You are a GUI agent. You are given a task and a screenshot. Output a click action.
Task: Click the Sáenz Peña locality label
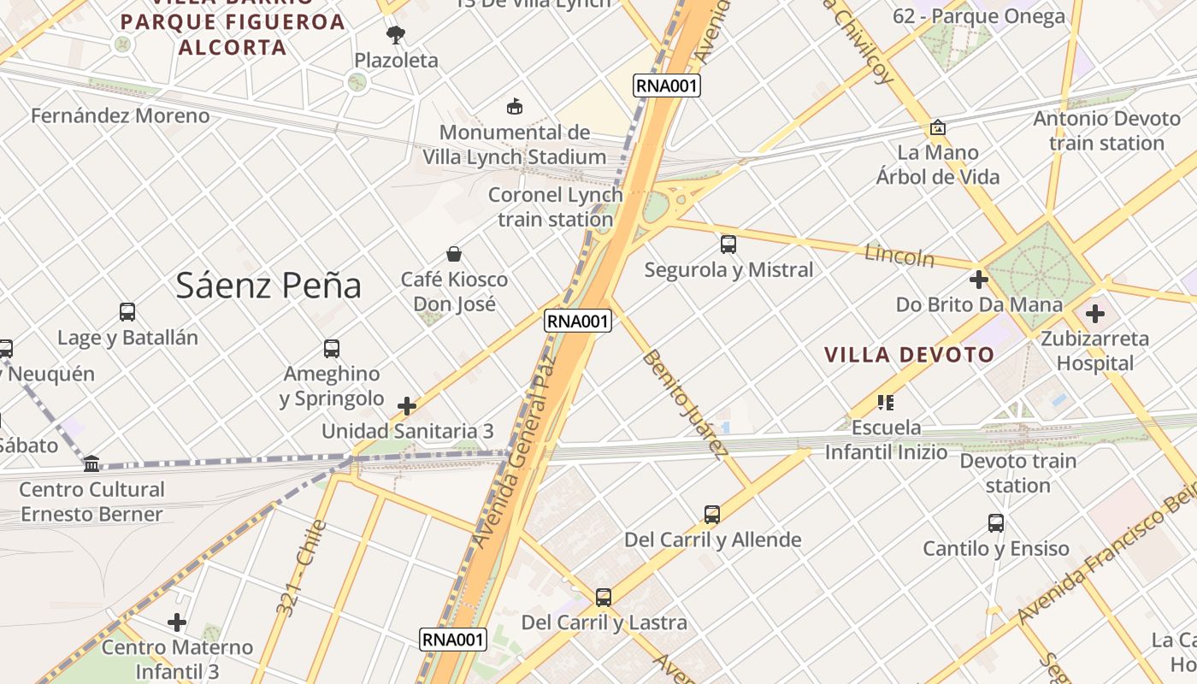click(268, 286)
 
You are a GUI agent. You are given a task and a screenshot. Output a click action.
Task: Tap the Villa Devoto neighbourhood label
click(910, 355)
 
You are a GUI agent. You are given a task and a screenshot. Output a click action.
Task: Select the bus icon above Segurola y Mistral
click(728, 245)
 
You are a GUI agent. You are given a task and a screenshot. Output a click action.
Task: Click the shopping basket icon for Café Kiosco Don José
click(454, 254)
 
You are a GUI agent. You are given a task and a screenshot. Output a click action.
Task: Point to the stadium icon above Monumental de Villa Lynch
click(515, 107)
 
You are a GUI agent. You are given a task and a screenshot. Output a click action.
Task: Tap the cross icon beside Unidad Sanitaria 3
click(407, 405)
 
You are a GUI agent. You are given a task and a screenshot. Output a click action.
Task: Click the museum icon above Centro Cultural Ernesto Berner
click(91, 463)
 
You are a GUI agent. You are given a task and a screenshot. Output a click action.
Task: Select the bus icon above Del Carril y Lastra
click(604, 598)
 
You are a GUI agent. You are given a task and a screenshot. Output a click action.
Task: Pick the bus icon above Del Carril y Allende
click(712, 515)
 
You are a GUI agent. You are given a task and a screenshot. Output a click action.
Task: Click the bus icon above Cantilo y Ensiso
click(996, 523)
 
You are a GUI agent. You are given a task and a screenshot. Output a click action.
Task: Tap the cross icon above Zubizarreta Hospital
click(1094, 314)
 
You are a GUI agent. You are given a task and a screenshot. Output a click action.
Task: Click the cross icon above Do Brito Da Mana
click(979, 280)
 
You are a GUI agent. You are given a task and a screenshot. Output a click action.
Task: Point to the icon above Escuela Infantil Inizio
click(886, 402)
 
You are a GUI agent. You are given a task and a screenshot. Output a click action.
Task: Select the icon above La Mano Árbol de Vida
click(937, 128)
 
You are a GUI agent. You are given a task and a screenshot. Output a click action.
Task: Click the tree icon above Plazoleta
click(395, 35)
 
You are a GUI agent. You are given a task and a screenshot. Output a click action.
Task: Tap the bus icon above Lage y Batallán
click(127, 313)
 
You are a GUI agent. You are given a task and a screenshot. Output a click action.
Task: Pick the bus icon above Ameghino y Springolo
click(332, 349)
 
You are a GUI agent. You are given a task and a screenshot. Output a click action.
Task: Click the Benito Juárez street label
click(686, 404)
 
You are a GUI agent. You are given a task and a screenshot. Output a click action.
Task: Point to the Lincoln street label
click(899, 255)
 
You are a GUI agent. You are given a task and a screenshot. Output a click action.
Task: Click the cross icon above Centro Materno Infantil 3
click(177, 622)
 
